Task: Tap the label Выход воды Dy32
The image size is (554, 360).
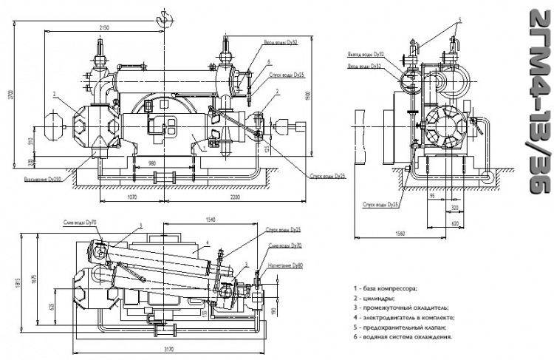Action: (366, 55)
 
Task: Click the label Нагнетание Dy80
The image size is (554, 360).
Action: (287, 265)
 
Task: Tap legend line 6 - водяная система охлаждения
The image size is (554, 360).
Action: (403, 336)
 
